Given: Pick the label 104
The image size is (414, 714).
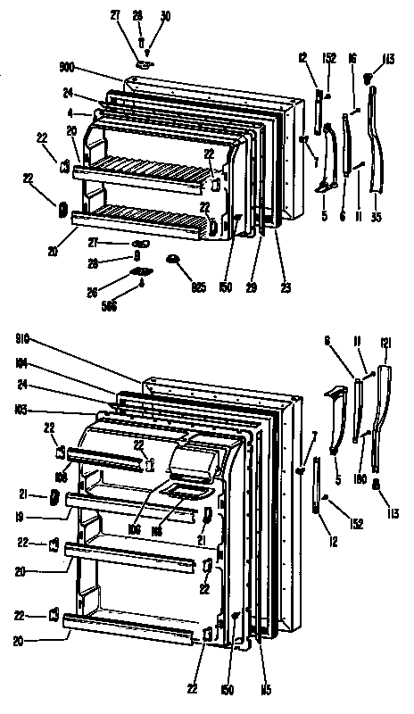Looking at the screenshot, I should click(x=21, y=364).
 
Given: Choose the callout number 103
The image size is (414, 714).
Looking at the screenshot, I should click(x=21, y=408).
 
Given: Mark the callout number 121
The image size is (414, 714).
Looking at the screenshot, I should click(x=385, y=343).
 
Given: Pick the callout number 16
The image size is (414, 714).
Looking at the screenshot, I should click(x=353, y=58).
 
